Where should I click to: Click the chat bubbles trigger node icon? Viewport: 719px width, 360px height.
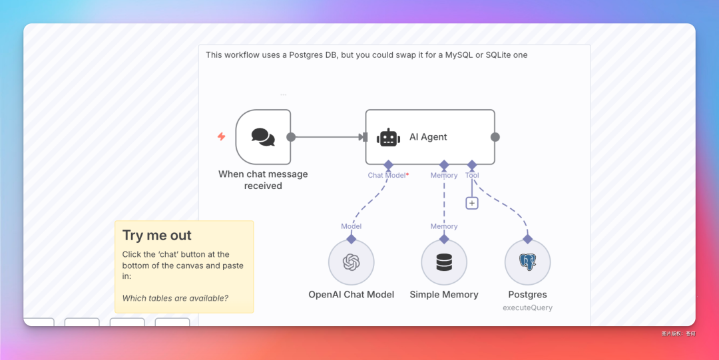pyautogui.click(x=263, y=136)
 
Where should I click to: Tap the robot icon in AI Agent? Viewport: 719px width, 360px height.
pyautogui.click(x=388, y=137)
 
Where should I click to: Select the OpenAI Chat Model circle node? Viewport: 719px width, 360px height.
pyautogui.click(x=351, y=262)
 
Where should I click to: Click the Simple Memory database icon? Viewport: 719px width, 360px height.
pyautogui.click(x=444, y=262)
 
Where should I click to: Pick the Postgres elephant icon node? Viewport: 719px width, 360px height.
pyautogui.click(x=527, y=262)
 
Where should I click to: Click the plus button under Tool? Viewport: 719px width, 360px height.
pyautogui.click(x=472, y=203)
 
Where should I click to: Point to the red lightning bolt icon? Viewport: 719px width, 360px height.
pyautogui.click(x=222, y=136)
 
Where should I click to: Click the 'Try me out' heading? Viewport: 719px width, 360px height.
pyautogui.click(x=156, y=235)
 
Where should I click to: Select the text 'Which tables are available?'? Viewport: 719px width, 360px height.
pyautogui.click(x=175, y=298)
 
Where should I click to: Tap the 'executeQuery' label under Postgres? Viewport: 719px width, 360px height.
pyautogui.click(x=527, y=307)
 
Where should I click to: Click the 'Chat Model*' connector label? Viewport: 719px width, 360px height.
pyautogui.click(x=388, y=175)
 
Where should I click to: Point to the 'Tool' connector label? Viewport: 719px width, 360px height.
pyautogui.click(x=472, y=175)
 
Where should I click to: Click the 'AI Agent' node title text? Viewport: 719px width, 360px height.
pyautogui.click(x=428, y=137)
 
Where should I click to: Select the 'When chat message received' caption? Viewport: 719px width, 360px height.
pyautogui.click(x=263, y=180)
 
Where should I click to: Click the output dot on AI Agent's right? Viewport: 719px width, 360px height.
pyautogui.click(x=495, y=137)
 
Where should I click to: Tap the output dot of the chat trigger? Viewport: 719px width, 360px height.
pyautogui.click(x=291, y=137)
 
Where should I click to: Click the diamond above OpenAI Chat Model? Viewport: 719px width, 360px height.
pyautogui.click(x=351, y=238)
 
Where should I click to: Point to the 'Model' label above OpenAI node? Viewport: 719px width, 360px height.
pyautogui.click(x=351, y=226)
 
